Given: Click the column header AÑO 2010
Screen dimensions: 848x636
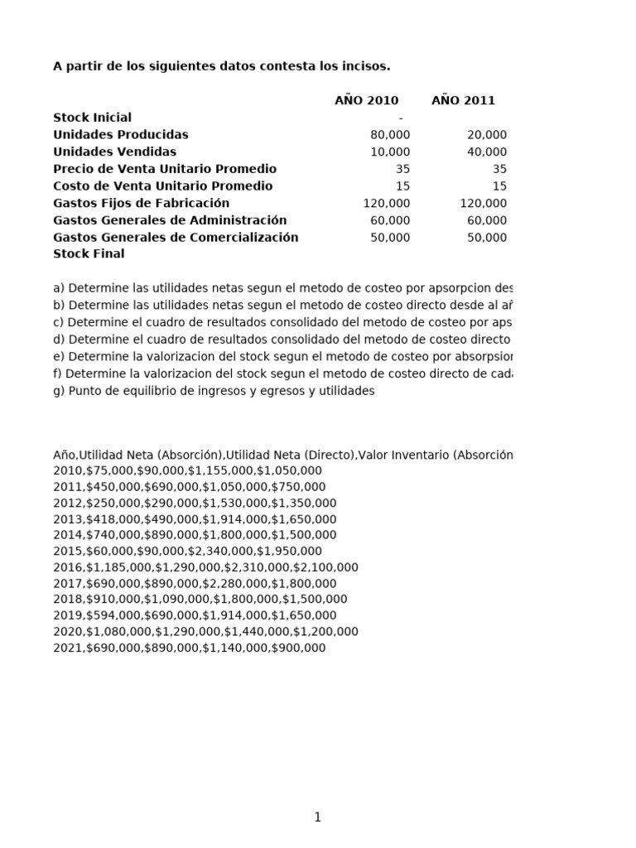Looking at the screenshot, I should click(366, 100).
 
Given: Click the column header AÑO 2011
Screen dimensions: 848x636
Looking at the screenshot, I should click(463, 100).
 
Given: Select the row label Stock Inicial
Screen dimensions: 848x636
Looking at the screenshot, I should click(92, 118).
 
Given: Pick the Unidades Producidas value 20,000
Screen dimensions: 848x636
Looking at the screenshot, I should click(487, 135).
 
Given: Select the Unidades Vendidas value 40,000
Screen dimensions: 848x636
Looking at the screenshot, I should click(487, 152).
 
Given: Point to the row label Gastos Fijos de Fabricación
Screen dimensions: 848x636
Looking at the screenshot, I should click(141, 203).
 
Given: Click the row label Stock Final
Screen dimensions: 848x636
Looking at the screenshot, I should click(89, 254).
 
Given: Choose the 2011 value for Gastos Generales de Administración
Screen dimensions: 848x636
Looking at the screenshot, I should click(487, 220).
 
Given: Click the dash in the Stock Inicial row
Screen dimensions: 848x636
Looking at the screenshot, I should click(401, 118).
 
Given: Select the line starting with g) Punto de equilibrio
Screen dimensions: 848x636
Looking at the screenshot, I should click(214, 391).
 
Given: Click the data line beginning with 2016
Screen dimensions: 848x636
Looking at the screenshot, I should click(205, 567).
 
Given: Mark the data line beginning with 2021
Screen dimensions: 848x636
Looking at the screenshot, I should click(189, 648).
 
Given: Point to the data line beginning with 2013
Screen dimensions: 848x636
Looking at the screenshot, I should click(195, 519).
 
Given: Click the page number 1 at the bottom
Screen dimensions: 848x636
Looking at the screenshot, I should click(317, 817).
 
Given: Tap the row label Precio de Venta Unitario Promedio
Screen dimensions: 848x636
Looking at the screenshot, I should click(165, 169).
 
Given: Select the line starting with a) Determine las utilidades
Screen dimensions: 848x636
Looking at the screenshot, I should click(282, 288).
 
